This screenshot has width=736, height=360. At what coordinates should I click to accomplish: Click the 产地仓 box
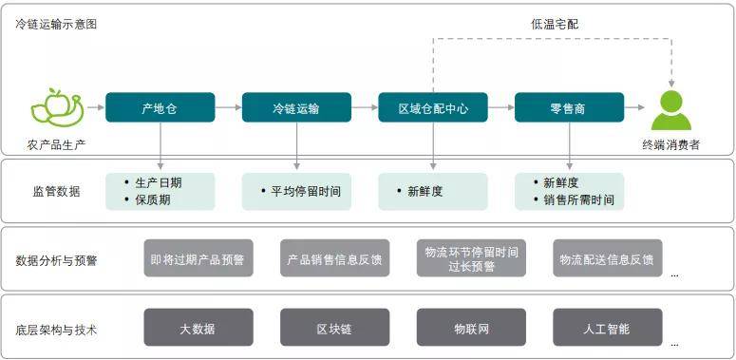tap(160, 108)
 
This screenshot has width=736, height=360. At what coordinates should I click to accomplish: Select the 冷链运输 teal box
tap(296, 108)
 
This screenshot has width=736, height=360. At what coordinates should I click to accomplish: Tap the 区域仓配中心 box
tap(433, 108)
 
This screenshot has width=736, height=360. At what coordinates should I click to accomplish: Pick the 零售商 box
tap(569, 108)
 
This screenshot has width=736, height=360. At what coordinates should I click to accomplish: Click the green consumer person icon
tap(671, 110)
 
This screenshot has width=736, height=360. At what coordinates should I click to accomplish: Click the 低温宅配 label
tap(554, 23)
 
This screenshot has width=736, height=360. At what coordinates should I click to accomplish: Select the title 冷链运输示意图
tap(56, 24)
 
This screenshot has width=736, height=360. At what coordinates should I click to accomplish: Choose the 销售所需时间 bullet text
tap(578, 200)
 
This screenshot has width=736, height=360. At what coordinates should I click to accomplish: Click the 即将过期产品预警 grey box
tap(198, 258)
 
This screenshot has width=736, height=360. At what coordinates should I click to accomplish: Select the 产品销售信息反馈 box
tap(334, 258)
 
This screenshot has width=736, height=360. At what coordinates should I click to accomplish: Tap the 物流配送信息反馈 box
tap(607, 258)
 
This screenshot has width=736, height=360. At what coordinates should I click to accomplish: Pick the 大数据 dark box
tap(198, 329)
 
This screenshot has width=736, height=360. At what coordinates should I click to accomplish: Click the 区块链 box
tap(334, 329)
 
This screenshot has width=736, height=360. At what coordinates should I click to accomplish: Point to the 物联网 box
tap(471, 329)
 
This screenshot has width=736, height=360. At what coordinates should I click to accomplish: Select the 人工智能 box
tap(607, 329)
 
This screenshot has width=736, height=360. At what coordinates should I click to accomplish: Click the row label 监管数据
tap(56, 191)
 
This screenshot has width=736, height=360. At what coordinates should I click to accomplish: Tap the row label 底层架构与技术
tap(56, 330)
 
